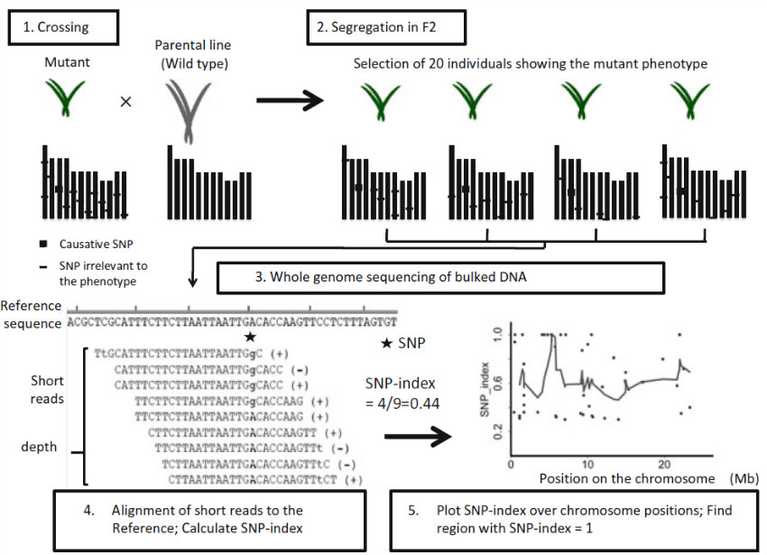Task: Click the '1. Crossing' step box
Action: coord(62,27)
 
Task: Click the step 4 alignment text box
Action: coord(218,519)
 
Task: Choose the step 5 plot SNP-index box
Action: coord(568,519)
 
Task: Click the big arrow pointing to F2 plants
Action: coord(290,102)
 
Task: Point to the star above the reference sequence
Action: coord(250,337)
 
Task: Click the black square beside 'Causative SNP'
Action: coord(42,244)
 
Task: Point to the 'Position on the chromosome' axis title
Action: coord(627,478)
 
